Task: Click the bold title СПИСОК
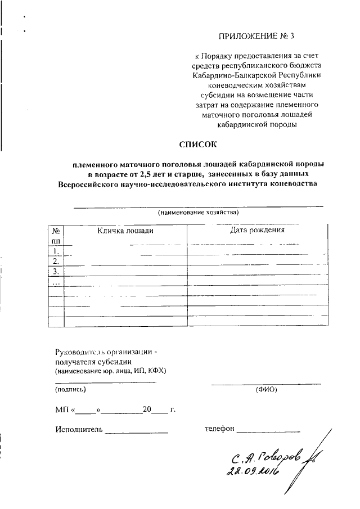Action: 197,144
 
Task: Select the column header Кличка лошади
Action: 125,230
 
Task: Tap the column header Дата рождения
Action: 257,230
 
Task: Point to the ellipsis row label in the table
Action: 56,282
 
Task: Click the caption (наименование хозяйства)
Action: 198,213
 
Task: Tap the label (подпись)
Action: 70,389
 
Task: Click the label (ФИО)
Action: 266,389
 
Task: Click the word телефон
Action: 219,429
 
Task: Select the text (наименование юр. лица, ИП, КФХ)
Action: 110,372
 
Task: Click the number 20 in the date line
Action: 147,409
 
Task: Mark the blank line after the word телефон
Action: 268,431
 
